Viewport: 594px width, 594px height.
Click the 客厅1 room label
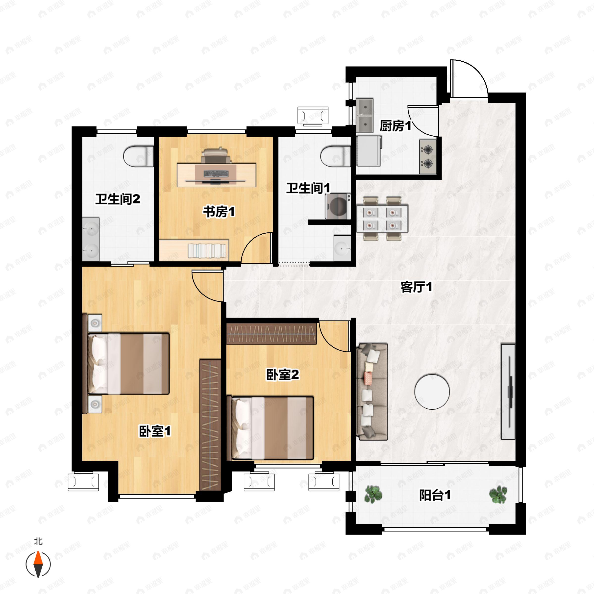[416, 287]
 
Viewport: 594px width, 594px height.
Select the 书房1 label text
[219, 212]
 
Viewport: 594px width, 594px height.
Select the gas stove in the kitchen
[428, 156]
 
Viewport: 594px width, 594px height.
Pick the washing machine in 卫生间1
[338, 206]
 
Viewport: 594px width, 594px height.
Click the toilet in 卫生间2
[138, 156]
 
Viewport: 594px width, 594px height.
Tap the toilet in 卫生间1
[335, 156]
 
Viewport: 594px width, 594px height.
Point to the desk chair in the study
[215, 155]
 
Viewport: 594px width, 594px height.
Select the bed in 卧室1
[126, 363]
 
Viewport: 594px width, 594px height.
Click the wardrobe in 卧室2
[272, 334]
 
